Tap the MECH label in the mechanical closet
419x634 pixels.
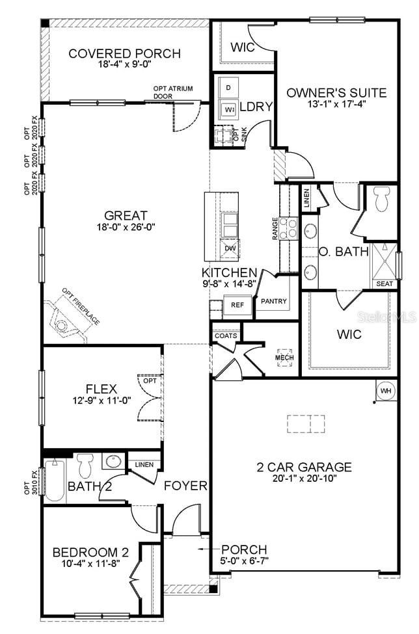[284, 358]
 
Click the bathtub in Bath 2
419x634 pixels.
[55, 480]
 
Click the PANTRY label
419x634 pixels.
[274, 302]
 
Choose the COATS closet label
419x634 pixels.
[225, 336]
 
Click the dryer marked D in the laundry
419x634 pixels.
[228, 87]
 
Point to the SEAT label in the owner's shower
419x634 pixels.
[384, 284]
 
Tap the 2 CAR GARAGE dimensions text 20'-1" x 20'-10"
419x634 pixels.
[304, 479]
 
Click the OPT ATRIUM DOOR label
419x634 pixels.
[172, 92]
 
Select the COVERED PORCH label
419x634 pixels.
[125, 53]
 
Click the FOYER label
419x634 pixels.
[185, 486]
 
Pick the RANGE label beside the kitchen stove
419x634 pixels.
[275, 229]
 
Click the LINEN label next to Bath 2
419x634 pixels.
[143, 464]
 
